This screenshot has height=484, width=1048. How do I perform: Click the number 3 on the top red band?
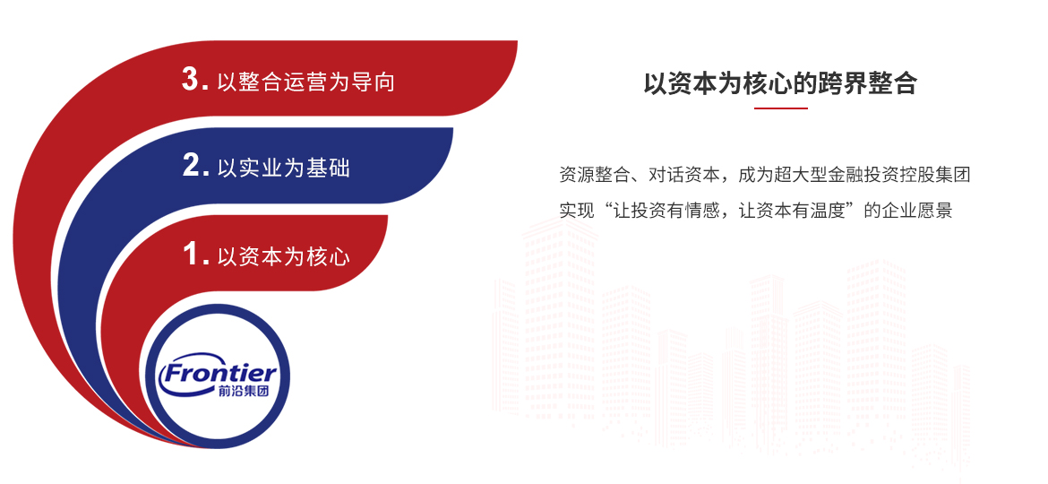coord(191,80)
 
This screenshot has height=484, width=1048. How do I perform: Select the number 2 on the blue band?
coord(191,166)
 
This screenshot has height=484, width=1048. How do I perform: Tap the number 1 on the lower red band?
coord(191,255)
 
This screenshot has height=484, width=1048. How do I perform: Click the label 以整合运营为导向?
coord(306,82)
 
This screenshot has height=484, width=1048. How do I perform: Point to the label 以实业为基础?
coord(283,167)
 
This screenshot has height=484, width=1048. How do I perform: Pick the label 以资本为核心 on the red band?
coord(283,256)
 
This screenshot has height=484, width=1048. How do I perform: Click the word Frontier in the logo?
coord(219,373)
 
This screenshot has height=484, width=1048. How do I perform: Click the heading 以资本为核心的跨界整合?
coord(781,82)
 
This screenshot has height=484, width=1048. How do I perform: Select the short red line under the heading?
coord(781,108)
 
